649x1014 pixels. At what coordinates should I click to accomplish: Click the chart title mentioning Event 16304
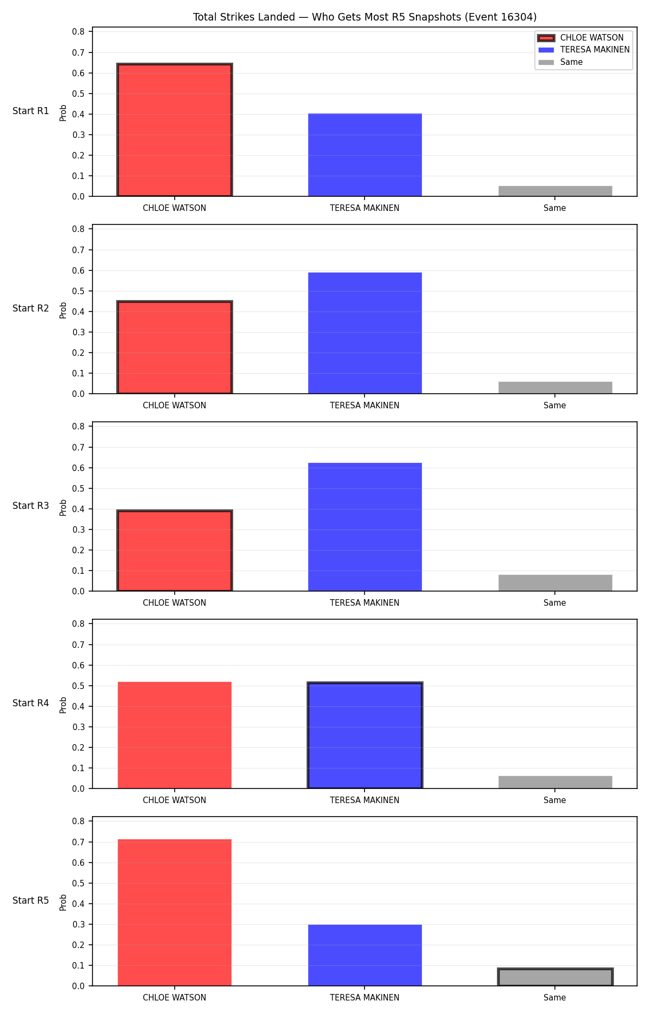coord(365,17)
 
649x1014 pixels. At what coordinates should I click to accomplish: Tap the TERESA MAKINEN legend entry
coord(584,50)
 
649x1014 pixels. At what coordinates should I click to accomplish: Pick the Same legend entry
coord(560,62)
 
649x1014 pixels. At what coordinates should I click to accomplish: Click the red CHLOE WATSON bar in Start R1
coord(175,130)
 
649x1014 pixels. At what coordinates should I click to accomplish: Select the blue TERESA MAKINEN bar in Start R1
coord(365,155)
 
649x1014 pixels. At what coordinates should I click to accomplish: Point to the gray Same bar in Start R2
coord(555,388)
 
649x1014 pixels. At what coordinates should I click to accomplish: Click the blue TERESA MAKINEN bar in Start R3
coord(365,527)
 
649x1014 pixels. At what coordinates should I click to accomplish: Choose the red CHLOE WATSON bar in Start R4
coord(175,735)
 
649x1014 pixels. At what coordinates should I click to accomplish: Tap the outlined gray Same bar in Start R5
coord(555,977)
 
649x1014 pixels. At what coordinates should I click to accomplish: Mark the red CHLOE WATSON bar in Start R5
coord(175,912)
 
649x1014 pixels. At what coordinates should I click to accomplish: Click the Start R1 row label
coord(31,111)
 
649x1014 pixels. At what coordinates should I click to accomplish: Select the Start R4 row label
coord(31,703)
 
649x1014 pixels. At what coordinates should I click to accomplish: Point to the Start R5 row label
coord(31,900)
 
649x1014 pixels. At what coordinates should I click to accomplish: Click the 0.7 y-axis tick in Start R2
coord(78,250)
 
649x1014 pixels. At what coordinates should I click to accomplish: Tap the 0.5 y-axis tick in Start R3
coord(78,488)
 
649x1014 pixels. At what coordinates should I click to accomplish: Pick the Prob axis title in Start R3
coord(63,507)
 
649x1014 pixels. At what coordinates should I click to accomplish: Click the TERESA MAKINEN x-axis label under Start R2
coord(365,406)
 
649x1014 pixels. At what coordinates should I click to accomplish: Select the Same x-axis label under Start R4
coord(555,800)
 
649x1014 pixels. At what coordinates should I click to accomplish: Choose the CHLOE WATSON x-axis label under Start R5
coord(174,998)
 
